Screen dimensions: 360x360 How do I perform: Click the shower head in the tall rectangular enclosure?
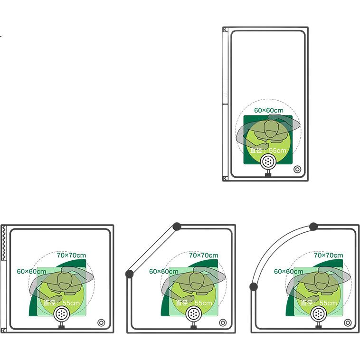tap(268, 161)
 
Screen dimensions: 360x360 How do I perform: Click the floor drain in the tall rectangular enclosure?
tap(297, 170)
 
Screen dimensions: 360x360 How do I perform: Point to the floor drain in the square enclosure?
tap(101, 322)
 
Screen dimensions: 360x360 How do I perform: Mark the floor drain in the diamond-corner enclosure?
tap(223, 322)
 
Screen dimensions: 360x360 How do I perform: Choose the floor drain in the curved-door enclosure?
tap(348, 322)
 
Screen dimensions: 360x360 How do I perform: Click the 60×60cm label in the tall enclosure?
tap(269, 111)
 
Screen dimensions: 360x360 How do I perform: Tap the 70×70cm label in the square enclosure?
tap(71, 256)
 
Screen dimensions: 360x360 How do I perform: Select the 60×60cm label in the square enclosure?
tap(31, 271)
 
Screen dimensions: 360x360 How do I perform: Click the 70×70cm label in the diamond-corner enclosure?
tap(204, 256)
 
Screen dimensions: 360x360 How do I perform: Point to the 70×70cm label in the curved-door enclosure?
tap(329, 256)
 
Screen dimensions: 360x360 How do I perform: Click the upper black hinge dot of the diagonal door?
tap(177, 227)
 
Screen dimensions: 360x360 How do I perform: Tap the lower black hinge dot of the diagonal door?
tap(129, 274)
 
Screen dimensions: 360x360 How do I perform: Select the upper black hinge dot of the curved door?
tap(313, 227)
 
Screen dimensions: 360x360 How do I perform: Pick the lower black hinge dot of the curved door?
tap(254, 286)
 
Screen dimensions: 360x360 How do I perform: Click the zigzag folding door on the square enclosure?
tap(4, 243)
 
